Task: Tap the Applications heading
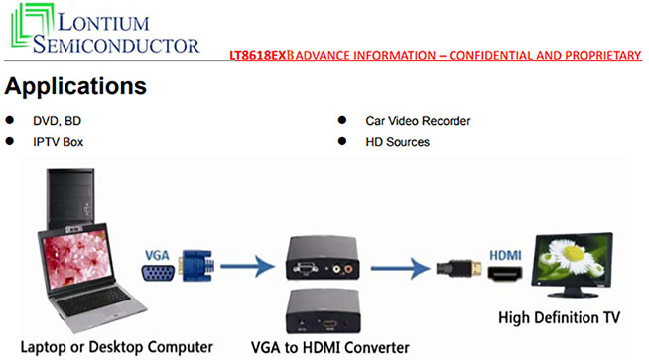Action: (x=76, y=86)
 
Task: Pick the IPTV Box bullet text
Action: (x=59, y=142)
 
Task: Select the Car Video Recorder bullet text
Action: (x=418, y=121)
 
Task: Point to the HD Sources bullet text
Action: (x=398, y=142)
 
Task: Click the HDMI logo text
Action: (x=504, y=253)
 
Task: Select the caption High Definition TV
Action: (x=561, y=317)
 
